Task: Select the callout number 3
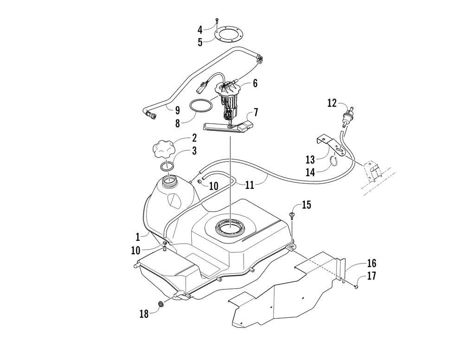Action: pyautogui.click(x=194, y=151)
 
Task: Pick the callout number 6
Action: pyautogui.click(x=255, y=84)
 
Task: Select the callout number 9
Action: pyautogui.click(x=177, y=110)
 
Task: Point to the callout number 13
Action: pyautogui.click(x=310, y=160)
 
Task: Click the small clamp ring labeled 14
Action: pyautogui.click(x=333, y=161)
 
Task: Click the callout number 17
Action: pyautogui.click(x=371, y=276)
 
